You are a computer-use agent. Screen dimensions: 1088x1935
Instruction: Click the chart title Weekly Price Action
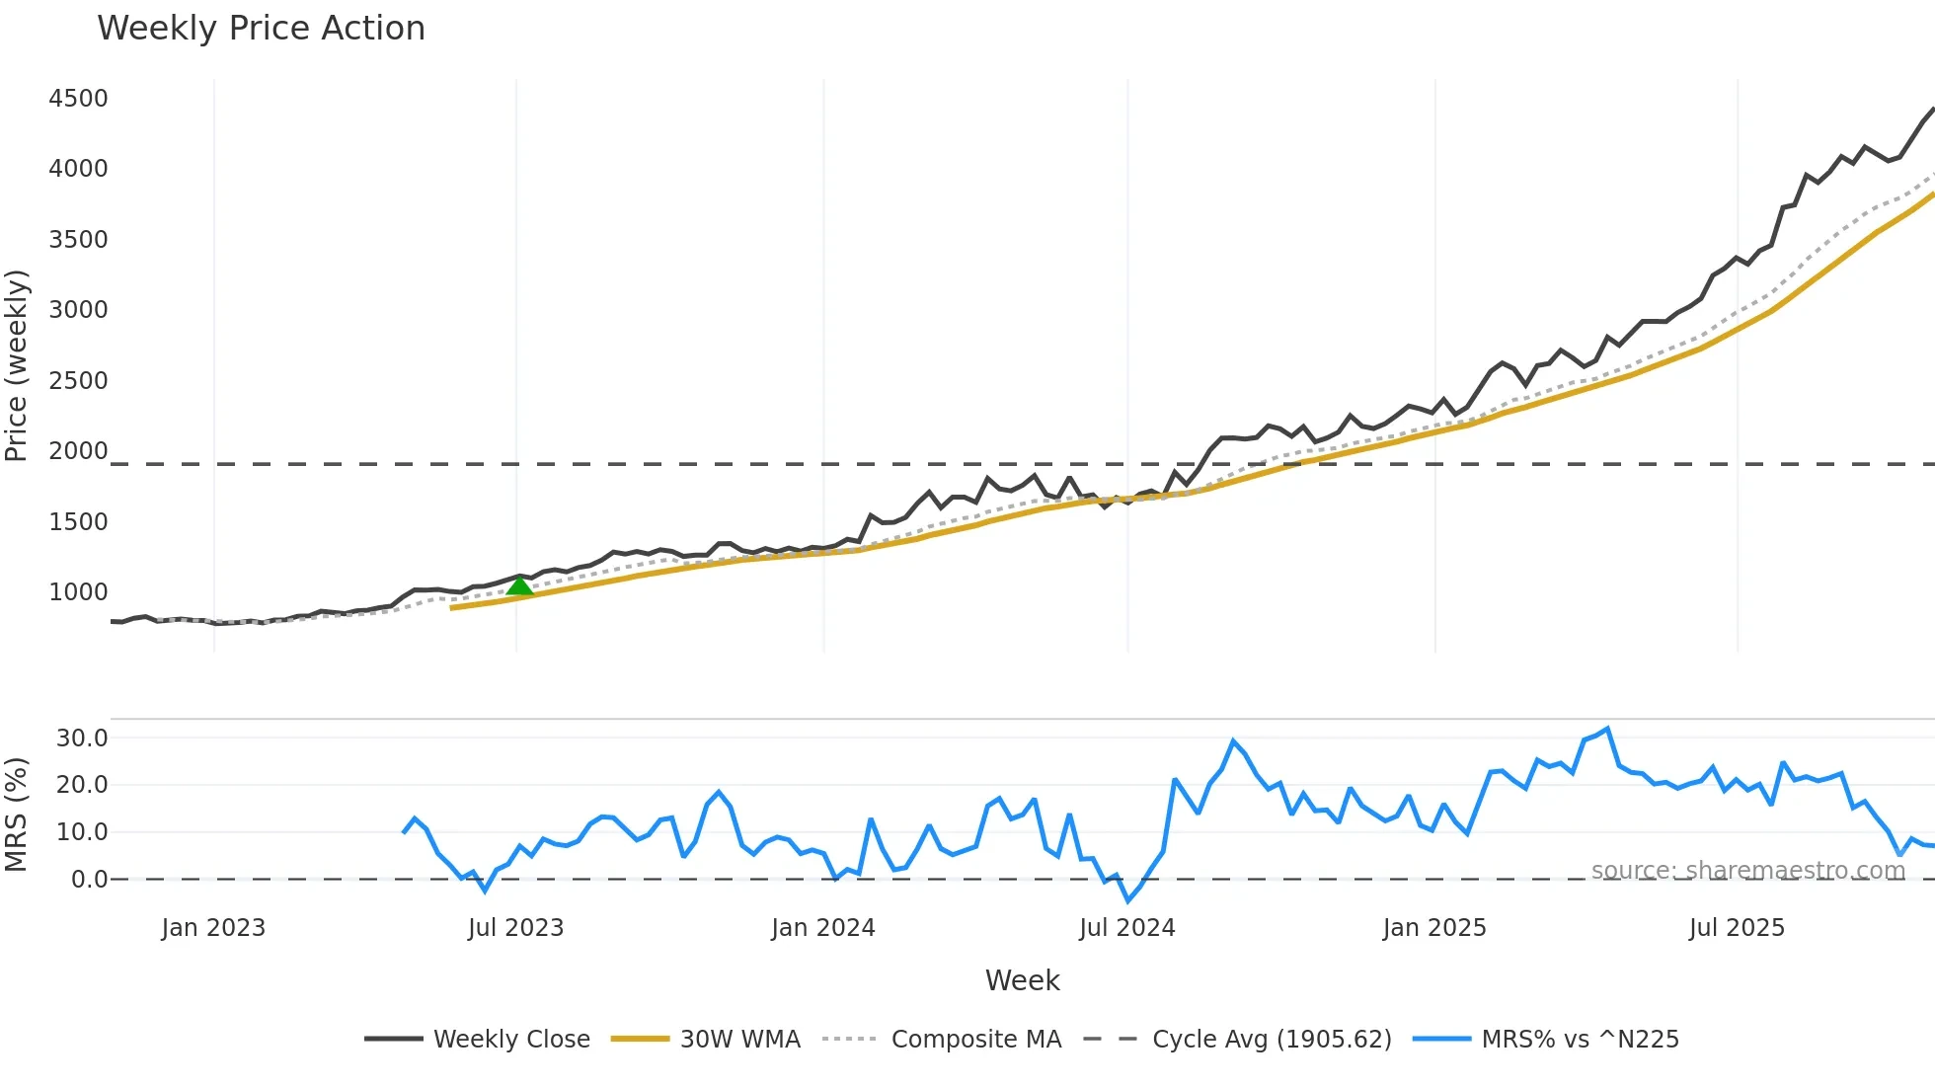tap(261, 29)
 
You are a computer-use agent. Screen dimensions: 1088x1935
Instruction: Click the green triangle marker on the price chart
tap(519, 586)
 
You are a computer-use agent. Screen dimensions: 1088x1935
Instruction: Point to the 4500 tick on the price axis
tap(78, 99)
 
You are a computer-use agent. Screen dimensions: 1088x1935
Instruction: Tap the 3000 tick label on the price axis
tap(78, 310)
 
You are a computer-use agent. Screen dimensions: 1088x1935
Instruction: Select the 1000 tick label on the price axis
tap(78, 592)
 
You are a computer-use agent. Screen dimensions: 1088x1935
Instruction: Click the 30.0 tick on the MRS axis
tap(82, 738)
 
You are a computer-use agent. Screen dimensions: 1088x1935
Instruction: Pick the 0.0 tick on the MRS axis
tap(89, 880)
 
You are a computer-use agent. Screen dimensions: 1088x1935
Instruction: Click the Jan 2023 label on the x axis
tap(213, 928)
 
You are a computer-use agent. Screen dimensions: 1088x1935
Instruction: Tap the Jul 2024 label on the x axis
tap(1126, 928)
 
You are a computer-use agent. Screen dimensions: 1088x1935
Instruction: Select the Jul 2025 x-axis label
tap(1737, 928)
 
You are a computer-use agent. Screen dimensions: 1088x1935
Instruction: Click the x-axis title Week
tap(1022, 980)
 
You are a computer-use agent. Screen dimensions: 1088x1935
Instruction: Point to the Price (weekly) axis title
tap(17, 365)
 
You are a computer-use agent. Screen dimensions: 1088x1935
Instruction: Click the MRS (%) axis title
tap(17, 815)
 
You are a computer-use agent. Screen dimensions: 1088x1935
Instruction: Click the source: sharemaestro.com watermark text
tap(1747, 871)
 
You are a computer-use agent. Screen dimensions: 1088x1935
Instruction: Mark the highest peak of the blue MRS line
tap(1608, 729)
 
